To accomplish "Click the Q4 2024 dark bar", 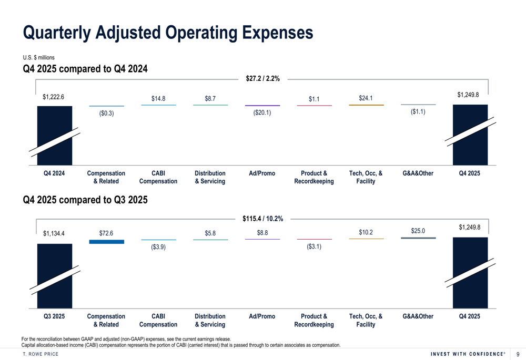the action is point(55,136).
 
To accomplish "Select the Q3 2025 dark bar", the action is point(55,276).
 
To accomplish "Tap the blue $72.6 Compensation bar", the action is point(107,242).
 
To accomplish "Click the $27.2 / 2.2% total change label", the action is point(262,78).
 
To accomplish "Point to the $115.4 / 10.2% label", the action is point(262,219).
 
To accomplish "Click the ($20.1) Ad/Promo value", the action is point(262,112).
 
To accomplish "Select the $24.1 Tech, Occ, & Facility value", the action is point(366,98).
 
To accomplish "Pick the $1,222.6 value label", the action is point(53,97).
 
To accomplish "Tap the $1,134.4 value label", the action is point(54,233).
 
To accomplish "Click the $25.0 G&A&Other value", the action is point(418,231).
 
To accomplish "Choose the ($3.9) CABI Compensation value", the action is point(158,247).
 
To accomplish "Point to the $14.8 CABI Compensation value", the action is point(158,99).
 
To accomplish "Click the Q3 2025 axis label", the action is point(54,316).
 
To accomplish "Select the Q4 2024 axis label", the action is point(54,173).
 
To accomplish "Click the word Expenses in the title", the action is point(278,33).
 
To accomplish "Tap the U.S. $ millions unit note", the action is point(38,58).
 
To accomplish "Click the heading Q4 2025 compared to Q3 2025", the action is point(85,200).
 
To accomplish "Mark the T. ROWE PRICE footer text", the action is point(41,354).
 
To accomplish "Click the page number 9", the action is point(518,354).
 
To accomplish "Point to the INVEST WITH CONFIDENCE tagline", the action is point(468,354).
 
